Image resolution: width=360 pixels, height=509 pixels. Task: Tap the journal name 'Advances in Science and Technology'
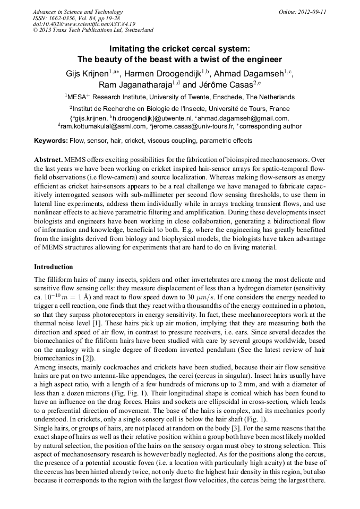click(x=78, y=12)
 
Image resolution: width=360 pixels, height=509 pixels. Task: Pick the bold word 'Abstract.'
click(x=48, y=159)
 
